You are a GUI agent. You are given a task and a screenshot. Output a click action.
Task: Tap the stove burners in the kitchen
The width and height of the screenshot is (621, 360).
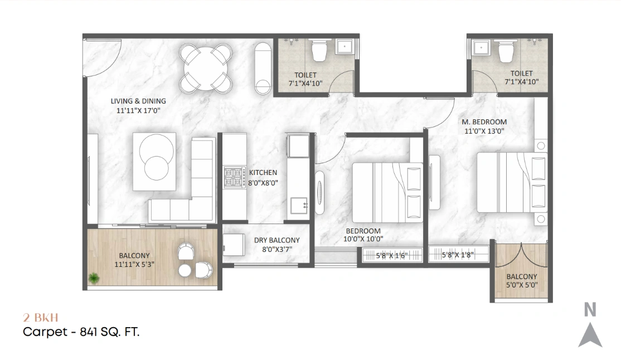point(234,177)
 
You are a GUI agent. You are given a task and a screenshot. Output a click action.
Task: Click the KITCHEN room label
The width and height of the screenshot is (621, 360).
point(263,173)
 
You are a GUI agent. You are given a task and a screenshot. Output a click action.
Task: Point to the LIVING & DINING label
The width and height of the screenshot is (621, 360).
point(138,101)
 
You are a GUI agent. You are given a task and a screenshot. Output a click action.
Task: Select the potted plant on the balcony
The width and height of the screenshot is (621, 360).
point(93,277)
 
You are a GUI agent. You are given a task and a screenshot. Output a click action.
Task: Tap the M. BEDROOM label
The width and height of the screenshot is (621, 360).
point(484,122)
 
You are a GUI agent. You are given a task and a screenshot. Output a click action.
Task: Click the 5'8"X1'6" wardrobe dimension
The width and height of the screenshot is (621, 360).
point(393,256)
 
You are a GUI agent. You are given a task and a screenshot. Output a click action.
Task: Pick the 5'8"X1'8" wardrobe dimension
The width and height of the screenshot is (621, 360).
point(457,256)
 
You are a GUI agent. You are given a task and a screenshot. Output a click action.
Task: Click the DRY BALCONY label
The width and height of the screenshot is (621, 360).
point(277,240)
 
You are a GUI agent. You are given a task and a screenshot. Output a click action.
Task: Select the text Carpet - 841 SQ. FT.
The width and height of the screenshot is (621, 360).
point(81,333)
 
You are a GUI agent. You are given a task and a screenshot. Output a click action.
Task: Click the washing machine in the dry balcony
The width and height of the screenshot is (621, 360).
point(234,244)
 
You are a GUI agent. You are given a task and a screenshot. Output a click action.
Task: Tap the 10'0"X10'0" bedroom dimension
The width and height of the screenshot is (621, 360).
point(363,240)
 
